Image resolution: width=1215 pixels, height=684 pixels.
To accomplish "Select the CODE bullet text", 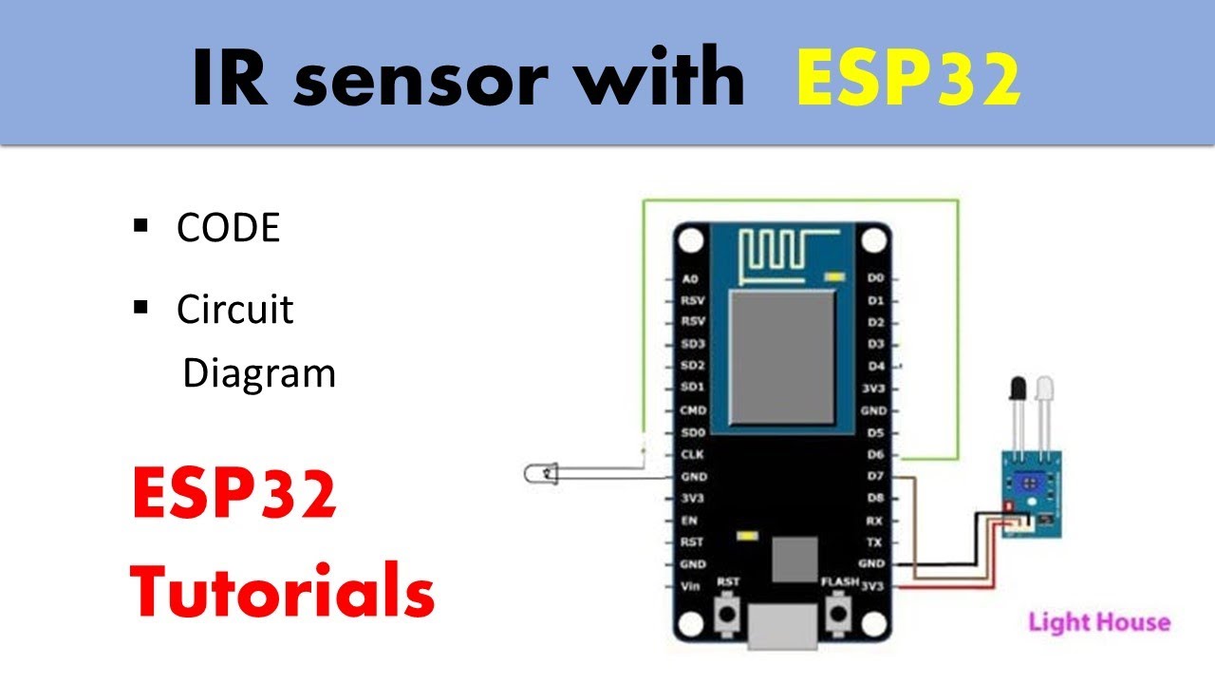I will point(229,228).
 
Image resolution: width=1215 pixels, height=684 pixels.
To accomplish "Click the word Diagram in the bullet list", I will point(259,373).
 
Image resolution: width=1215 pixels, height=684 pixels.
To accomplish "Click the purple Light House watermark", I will point(1099,623).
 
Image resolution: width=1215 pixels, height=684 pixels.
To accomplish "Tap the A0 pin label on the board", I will point(690,279).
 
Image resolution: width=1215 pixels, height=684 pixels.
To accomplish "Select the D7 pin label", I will point(876,476).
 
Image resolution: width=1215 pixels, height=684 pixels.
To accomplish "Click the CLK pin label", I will point(692,454).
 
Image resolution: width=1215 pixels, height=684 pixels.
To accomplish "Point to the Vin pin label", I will point(691,586).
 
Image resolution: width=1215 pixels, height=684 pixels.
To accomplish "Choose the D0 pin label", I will point(876,278).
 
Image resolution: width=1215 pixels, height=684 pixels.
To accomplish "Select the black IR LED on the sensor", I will point(1019,389).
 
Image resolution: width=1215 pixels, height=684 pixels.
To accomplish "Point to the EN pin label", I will point(691,520).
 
